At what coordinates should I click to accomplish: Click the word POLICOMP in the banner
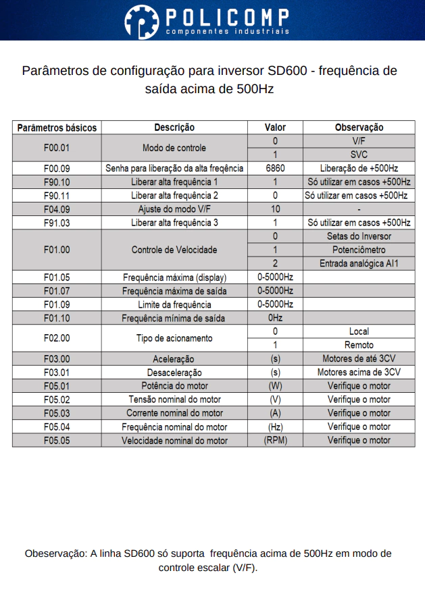pos(227,16)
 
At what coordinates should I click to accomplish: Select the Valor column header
pos(275,127)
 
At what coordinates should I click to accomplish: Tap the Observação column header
pos(359,127)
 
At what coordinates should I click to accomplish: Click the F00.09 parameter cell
pos(57,168)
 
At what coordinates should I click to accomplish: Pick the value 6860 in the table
pos(275,168)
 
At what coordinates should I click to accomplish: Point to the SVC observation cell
pos(359,155)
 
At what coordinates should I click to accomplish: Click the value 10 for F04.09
pos(275,209)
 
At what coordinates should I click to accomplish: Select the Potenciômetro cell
pos(359,250)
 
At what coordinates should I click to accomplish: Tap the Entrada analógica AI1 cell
pos(359,263)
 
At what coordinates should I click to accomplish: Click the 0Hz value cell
pos(275,318)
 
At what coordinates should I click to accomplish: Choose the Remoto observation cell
pos(359,345)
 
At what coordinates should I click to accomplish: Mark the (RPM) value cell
pos(275,440)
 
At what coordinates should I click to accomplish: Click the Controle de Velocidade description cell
pos(174,250)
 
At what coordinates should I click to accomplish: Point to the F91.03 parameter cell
pos(57,223)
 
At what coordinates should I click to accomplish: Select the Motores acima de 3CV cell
pos(359,372)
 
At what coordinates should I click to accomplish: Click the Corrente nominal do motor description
pos(174,413)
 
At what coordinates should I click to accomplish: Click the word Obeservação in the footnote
pos(56,553)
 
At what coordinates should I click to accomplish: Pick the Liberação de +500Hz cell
pos(359,168)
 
